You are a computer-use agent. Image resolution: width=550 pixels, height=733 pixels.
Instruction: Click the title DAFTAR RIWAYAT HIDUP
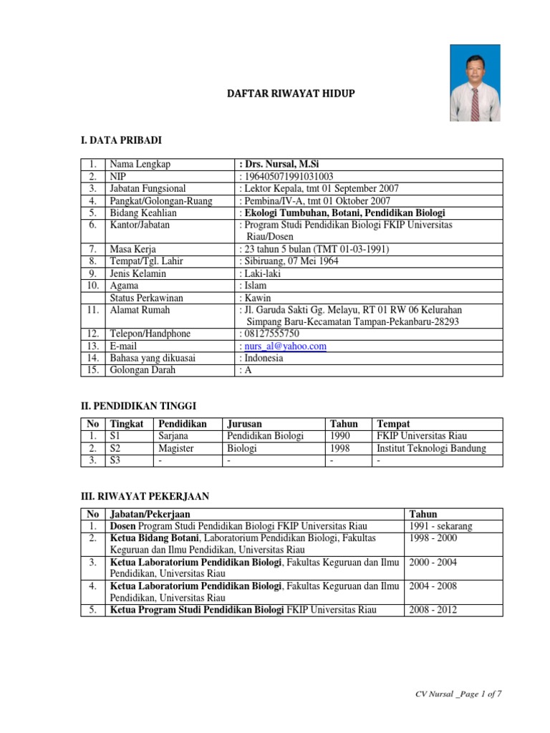(x=291, y=94)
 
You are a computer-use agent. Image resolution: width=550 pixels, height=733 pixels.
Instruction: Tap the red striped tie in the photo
(x=475, y=103)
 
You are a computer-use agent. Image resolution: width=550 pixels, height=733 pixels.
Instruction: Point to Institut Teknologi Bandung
(x=431, y=448)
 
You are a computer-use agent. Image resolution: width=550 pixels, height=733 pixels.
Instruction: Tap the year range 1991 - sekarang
(x=440, y=526)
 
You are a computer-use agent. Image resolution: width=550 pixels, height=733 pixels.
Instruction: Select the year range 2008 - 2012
(x=433, y=610)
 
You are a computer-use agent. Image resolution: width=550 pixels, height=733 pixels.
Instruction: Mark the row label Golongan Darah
(x=143, y=370)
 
